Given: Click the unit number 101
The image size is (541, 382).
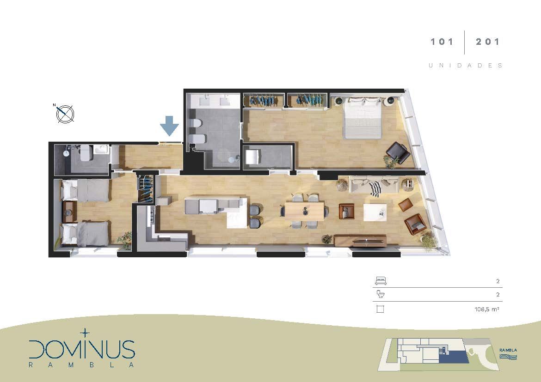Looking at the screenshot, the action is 442,42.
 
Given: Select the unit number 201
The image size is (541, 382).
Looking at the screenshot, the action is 487,42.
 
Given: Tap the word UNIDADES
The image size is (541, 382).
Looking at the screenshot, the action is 465,66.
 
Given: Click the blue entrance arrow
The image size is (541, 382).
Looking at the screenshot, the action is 169,126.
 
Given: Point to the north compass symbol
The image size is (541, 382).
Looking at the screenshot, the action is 65,114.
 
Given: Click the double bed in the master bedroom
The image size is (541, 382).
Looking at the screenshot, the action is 362,118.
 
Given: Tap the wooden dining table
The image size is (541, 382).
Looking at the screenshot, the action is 304,211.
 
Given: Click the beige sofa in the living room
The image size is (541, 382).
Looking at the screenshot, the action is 374,184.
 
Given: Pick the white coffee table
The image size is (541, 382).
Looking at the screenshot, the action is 375,212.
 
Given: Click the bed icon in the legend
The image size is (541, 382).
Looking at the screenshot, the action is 380,281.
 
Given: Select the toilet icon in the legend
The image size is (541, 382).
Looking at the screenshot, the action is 380,294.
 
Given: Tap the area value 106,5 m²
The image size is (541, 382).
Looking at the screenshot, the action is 486,309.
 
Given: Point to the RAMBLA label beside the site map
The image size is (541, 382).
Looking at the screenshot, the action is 508,350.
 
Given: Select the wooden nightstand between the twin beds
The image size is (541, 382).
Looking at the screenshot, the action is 70,212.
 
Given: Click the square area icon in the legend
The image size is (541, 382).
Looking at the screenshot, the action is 380,309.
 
